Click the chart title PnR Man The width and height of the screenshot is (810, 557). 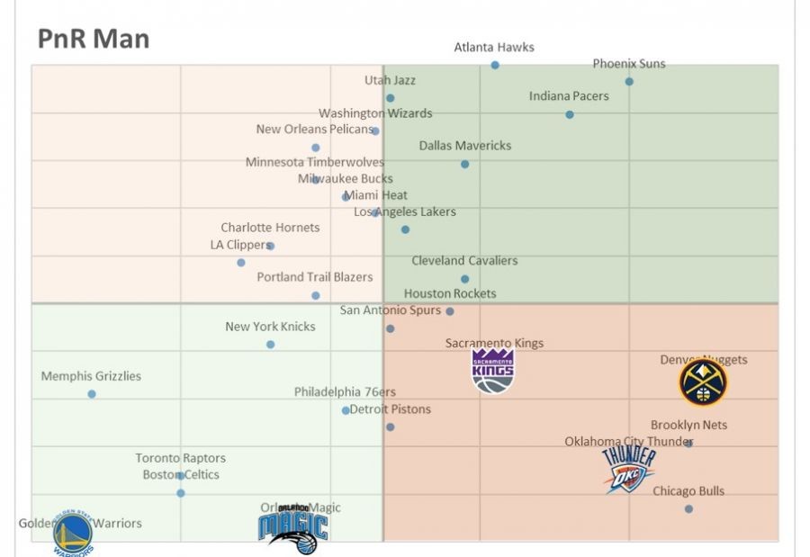94,40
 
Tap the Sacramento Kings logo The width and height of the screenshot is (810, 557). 493,371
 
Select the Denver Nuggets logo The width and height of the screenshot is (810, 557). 703,382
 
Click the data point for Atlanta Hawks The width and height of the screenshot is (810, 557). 495,65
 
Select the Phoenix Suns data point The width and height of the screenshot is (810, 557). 629,82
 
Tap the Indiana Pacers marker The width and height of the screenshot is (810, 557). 570,114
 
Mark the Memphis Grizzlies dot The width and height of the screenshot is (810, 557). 92,394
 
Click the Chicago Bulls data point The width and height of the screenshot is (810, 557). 688,509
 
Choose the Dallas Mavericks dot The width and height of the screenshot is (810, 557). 464,164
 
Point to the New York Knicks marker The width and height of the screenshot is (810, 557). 270,345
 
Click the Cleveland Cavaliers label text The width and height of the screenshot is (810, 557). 464,261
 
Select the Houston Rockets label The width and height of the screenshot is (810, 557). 450,293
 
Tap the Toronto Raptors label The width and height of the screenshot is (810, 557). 181,458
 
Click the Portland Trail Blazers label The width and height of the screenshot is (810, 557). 315,277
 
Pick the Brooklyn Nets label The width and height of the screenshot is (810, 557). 688,425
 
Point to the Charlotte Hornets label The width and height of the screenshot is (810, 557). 270,228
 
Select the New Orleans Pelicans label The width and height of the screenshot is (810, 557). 314,130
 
